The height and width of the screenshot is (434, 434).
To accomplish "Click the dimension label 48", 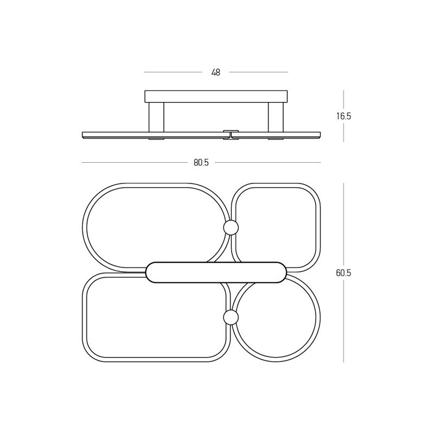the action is point(215,73).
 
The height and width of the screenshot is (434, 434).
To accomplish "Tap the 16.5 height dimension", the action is point(343,116).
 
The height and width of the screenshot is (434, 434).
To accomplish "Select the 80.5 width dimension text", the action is point(201,163).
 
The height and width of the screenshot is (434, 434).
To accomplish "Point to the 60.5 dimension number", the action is point(343,273).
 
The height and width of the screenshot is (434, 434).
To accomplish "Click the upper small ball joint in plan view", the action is point(231,227).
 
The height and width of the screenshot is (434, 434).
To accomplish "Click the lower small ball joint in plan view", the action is point(231,317).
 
